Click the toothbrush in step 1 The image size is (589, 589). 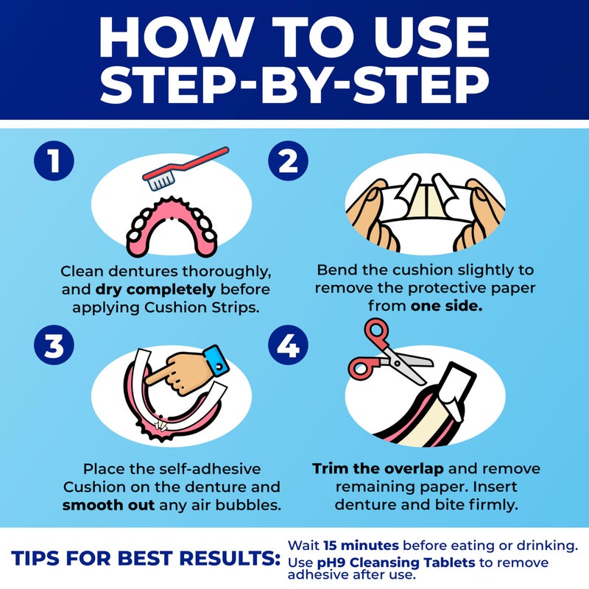(188, 166)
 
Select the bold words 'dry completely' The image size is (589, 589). (132, 289)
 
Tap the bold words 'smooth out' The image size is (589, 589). (107, 506)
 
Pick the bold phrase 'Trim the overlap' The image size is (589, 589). (375, 469)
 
